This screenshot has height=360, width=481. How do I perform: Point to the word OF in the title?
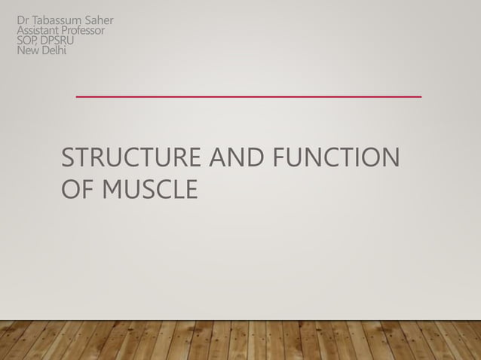76,189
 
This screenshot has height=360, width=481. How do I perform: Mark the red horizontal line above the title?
248,97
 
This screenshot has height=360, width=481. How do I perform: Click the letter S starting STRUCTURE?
68,159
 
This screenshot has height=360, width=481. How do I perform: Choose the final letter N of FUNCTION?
390,159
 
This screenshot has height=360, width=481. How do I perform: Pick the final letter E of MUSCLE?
191,189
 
